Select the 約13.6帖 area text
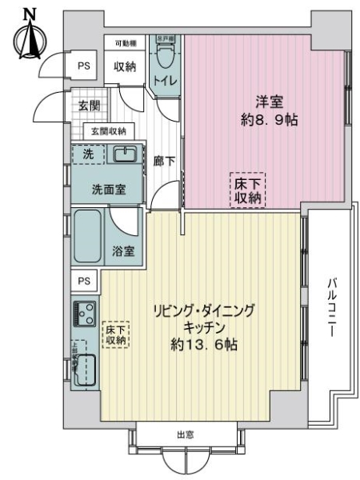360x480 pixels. click(202, 346)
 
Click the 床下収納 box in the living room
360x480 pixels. click(115, 334)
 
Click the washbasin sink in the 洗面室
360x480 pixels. click(125, 154)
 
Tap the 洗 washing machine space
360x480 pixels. click(89, 153)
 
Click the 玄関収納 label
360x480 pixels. click(107, 131)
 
